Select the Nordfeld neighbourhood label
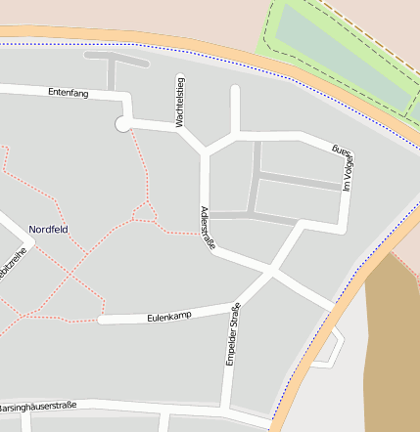click(49, 230)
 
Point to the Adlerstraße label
click(207, 229)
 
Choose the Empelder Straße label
click(232, 335)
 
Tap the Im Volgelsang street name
click(343, 167)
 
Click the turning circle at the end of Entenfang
click(122, 124)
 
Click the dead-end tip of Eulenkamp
click(100, 320)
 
